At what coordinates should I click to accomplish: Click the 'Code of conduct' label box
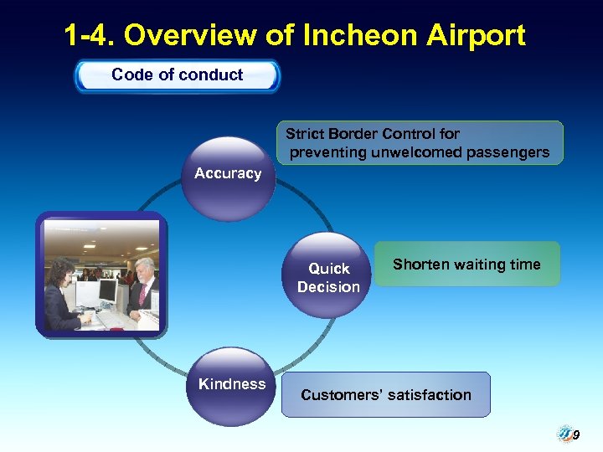click(177, 75)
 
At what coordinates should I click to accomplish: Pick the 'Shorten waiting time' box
click(466, 265)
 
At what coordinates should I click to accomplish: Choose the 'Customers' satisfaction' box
click(385, 395)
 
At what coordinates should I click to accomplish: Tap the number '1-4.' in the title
click(89, 36)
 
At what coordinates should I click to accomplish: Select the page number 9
click(576, 435)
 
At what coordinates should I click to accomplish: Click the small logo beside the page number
click(564, 434)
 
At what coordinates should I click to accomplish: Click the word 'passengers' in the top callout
click(509, 152)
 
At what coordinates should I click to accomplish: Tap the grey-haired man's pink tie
click(142, 294)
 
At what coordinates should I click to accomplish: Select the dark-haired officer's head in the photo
click(64, 272)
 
